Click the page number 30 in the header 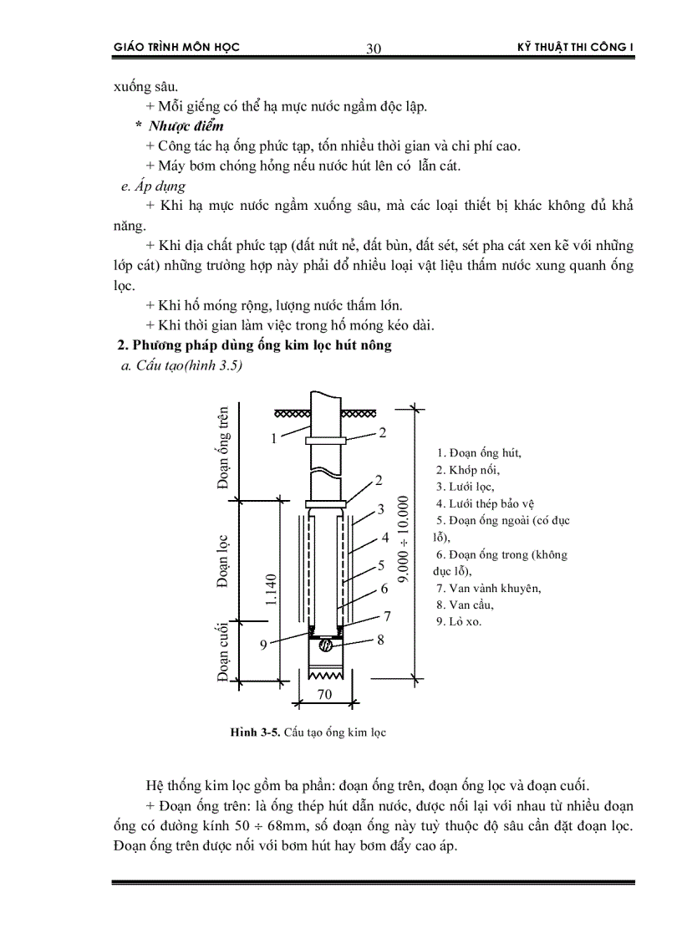click(x=374, y=48)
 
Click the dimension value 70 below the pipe click(x=324, y=693)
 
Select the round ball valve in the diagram click(x=327, y=645)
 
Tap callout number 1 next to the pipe click(x=272, y=437)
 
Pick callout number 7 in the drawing click(x=387, y=616)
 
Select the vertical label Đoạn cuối click(x=224, y=653)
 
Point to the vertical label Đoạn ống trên click(x=224, y=447)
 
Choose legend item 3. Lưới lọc click(x=465, y=487)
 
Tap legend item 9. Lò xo click(x=459, y=621)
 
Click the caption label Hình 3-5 click(x=255, y=732)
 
